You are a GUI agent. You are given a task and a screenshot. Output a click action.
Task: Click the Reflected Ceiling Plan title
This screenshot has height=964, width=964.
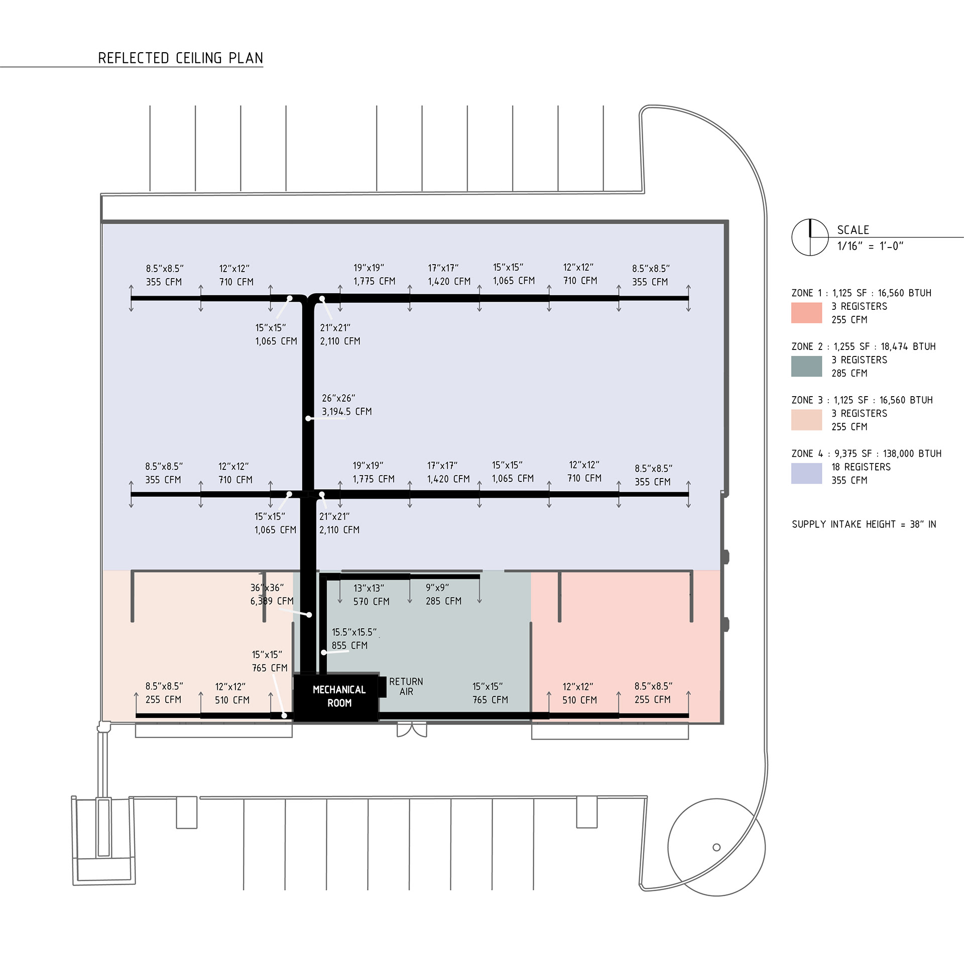tap(180, 58)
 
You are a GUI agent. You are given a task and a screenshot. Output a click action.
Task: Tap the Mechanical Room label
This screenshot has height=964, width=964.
tap(339, 696)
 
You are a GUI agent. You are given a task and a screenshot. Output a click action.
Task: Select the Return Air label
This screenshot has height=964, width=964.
tap(406, 686)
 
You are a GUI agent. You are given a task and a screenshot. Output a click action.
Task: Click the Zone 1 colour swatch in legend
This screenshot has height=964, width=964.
tap(806, 313)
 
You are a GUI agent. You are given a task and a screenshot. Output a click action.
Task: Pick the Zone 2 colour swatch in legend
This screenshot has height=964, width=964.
tap(806, 367)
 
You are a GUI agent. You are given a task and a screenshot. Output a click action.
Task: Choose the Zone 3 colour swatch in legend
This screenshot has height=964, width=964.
tap(806, 420)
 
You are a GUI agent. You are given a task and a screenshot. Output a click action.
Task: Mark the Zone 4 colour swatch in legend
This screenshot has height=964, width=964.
tap(806, 473)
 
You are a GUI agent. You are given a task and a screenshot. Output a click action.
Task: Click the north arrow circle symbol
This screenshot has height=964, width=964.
tap(810, 237)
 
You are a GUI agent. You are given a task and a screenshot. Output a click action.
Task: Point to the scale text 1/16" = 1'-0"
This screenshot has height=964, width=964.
tap(870, 246)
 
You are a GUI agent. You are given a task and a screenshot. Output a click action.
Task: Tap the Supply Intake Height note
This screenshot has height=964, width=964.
tap(864, 525)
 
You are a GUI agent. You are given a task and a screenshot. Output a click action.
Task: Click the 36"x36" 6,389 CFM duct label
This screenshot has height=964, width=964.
tap(272, 594)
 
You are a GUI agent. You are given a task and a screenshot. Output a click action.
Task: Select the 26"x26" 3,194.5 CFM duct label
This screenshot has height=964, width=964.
tap(346, 405)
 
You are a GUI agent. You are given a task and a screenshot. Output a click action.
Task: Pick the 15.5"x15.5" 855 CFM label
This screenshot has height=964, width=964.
tap(353, 639)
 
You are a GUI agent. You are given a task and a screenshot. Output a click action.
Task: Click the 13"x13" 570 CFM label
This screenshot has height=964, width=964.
tap(371, 594)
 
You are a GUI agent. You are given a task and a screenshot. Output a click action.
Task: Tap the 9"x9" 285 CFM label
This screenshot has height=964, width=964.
tap(443, 594)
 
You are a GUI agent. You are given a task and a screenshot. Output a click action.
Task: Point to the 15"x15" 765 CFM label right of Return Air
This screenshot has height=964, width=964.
tap(490, 693)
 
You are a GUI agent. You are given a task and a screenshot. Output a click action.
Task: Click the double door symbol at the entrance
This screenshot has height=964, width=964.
tap(412, 730)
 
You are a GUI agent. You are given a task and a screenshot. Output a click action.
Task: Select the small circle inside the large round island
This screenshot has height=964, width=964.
tap(716, 848)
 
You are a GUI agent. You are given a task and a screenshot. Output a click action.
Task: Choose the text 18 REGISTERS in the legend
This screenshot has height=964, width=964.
tap(861, 467)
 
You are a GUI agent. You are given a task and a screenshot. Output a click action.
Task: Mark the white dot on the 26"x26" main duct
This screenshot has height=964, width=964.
tap(308, 418)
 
